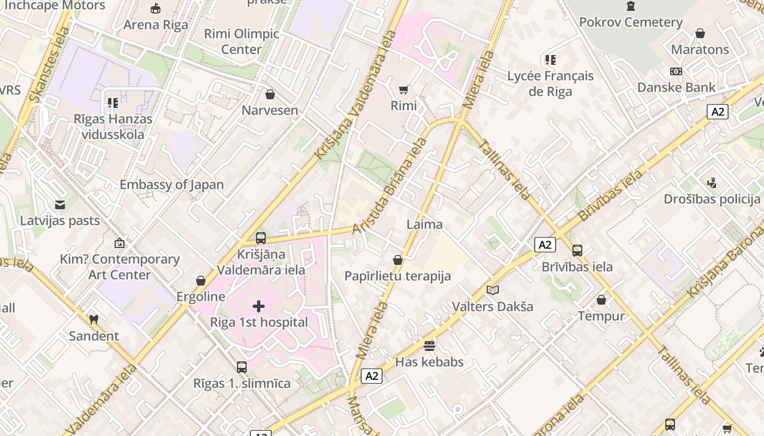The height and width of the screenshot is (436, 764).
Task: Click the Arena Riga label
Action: coord(156,25)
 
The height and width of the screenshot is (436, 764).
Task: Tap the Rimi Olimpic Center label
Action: coord(241,41)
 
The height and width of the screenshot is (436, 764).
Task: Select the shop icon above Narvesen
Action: coord(270,94)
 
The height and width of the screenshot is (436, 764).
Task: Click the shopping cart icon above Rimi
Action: coord(403,89)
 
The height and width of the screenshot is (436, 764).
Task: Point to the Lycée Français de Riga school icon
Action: coord(550,60)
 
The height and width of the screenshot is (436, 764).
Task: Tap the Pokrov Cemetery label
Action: coord(630,22)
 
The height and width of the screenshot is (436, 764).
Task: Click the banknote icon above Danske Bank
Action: coord(676,71)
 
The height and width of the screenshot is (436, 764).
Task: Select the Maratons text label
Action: coord(700,50)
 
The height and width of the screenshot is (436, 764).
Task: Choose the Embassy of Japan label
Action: coord(171,185)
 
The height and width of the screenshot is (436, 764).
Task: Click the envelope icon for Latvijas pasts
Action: coord(60,205)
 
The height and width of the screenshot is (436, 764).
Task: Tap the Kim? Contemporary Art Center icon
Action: coord(120,243)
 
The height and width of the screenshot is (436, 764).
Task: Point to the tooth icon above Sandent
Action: coord(93,319)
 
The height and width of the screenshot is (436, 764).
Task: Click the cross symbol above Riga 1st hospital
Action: coord(259,306)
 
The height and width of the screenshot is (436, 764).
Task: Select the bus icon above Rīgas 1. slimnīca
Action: coord(242,367)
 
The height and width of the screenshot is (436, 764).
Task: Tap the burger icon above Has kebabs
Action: coord(429,346)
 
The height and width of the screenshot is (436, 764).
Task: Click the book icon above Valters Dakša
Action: coord(492,290)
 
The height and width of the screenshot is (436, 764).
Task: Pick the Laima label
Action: coord(425,225)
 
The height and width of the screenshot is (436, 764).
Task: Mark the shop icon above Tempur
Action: coord(601,300)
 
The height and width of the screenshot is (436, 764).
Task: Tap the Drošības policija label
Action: coord(712,199)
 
